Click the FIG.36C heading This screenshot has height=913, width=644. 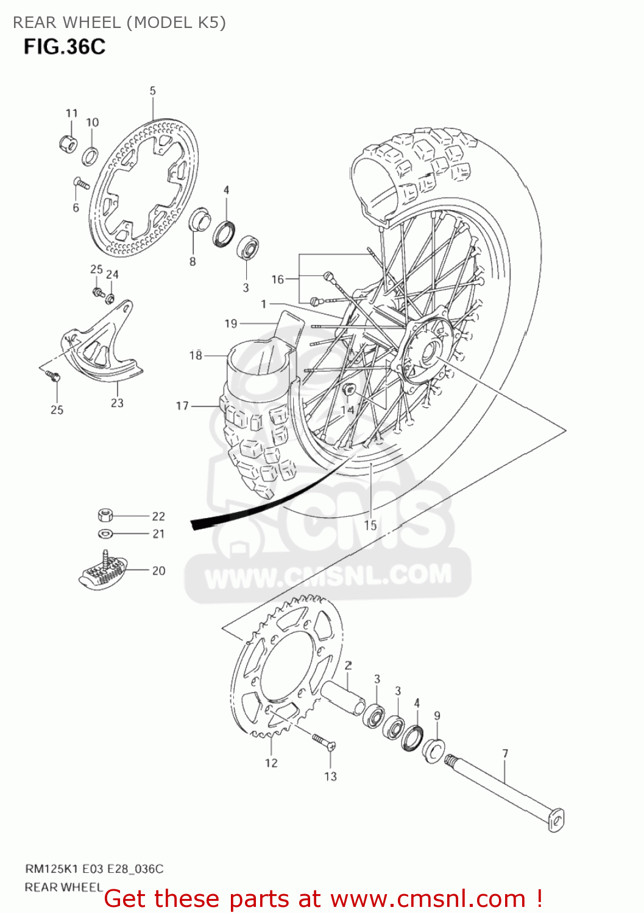(65, 47)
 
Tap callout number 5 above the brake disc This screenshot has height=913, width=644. (152, 91)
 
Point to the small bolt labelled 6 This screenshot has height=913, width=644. (81, 183)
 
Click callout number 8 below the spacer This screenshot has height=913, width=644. (193, 262)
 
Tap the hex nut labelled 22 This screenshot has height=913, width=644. (105, 516)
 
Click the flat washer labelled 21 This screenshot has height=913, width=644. (105, 534)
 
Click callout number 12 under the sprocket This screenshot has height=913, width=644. (271, 763)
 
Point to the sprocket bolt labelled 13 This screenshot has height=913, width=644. (323, 741)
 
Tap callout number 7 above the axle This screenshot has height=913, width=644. (505, 754)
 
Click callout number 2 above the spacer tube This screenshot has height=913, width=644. (348, 665)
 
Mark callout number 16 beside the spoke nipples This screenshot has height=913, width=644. (278, 279)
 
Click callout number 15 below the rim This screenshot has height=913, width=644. (370, 525)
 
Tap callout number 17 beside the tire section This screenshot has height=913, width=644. (182, 405)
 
